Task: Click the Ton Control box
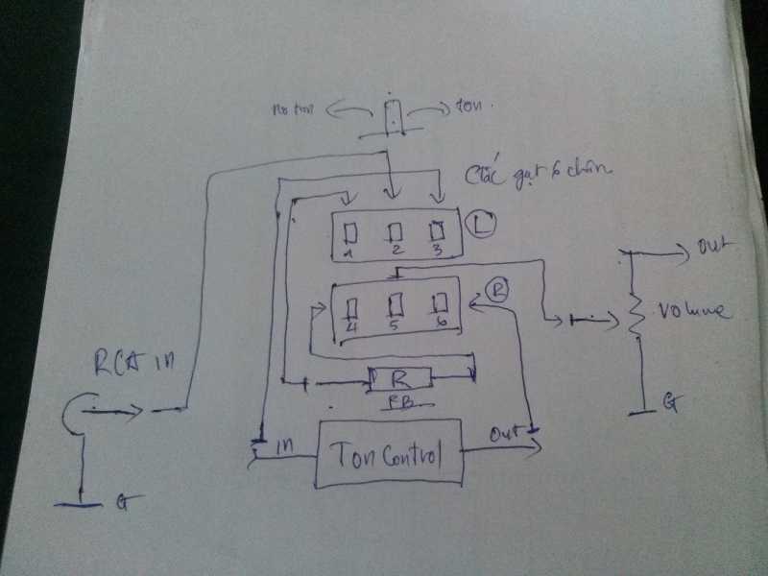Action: click(389, 453)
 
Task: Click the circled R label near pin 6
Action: click(496, 289)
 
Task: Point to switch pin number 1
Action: click(350, 234)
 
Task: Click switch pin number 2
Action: click(394, 233)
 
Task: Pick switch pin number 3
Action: click(438, 231)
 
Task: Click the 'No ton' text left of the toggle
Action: click(298, 111)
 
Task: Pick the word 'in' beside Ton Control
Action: click(285, 446)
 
